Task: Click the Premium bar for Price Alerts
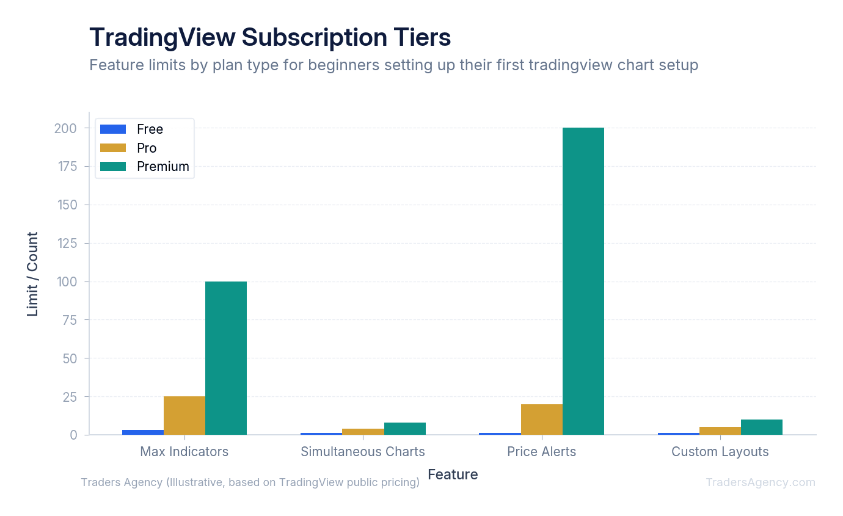[x=583, y=281]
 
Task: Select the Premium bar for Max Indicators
[x=226, y=358]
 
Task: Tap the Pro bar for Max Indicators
[x=184, y=415]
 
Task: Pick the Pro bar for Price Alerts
[x=542, y=420]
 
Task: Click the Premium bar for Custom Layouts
[x=762, y=427]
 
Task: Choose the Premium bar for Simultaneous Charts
[x=405, y=429]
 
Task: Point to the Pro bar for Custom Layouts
[x=720, y=431]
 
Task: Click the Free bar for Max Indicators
[x=143, y=432]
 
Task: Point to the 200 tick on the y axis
[x=65, y=128]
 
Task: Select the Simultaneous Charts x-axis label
[x=363, y=452]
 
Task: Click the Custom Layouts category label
[x=720, y=452]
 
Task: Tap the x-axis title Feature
[x=453, y=474]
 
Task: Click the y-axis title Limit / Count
[x=32, y=274]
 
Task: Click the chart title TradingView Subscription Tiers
[x=270, y=37]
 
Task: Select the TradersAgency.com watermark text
[x=761, y=482]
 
